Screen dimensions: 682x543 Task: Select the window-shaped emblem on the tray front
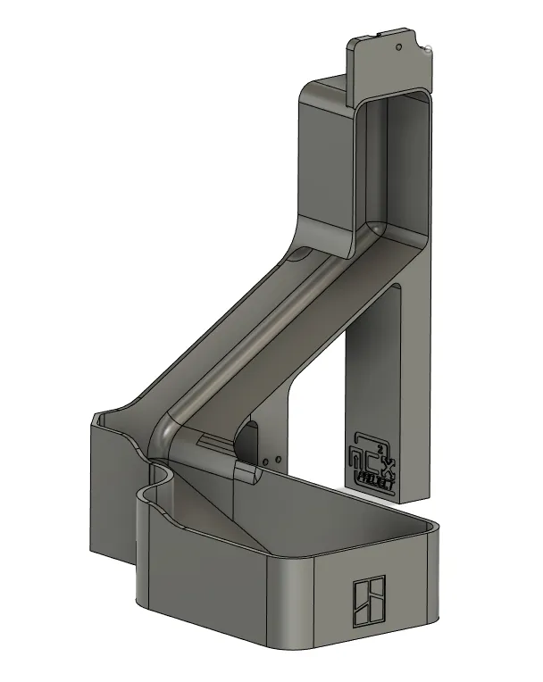[x=368, y=600]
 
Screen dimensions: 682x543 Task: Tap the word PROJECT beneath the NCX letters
[x=375, y=476]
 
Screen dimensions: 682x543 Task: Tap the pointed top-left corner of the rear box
[x=93, y=416]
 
